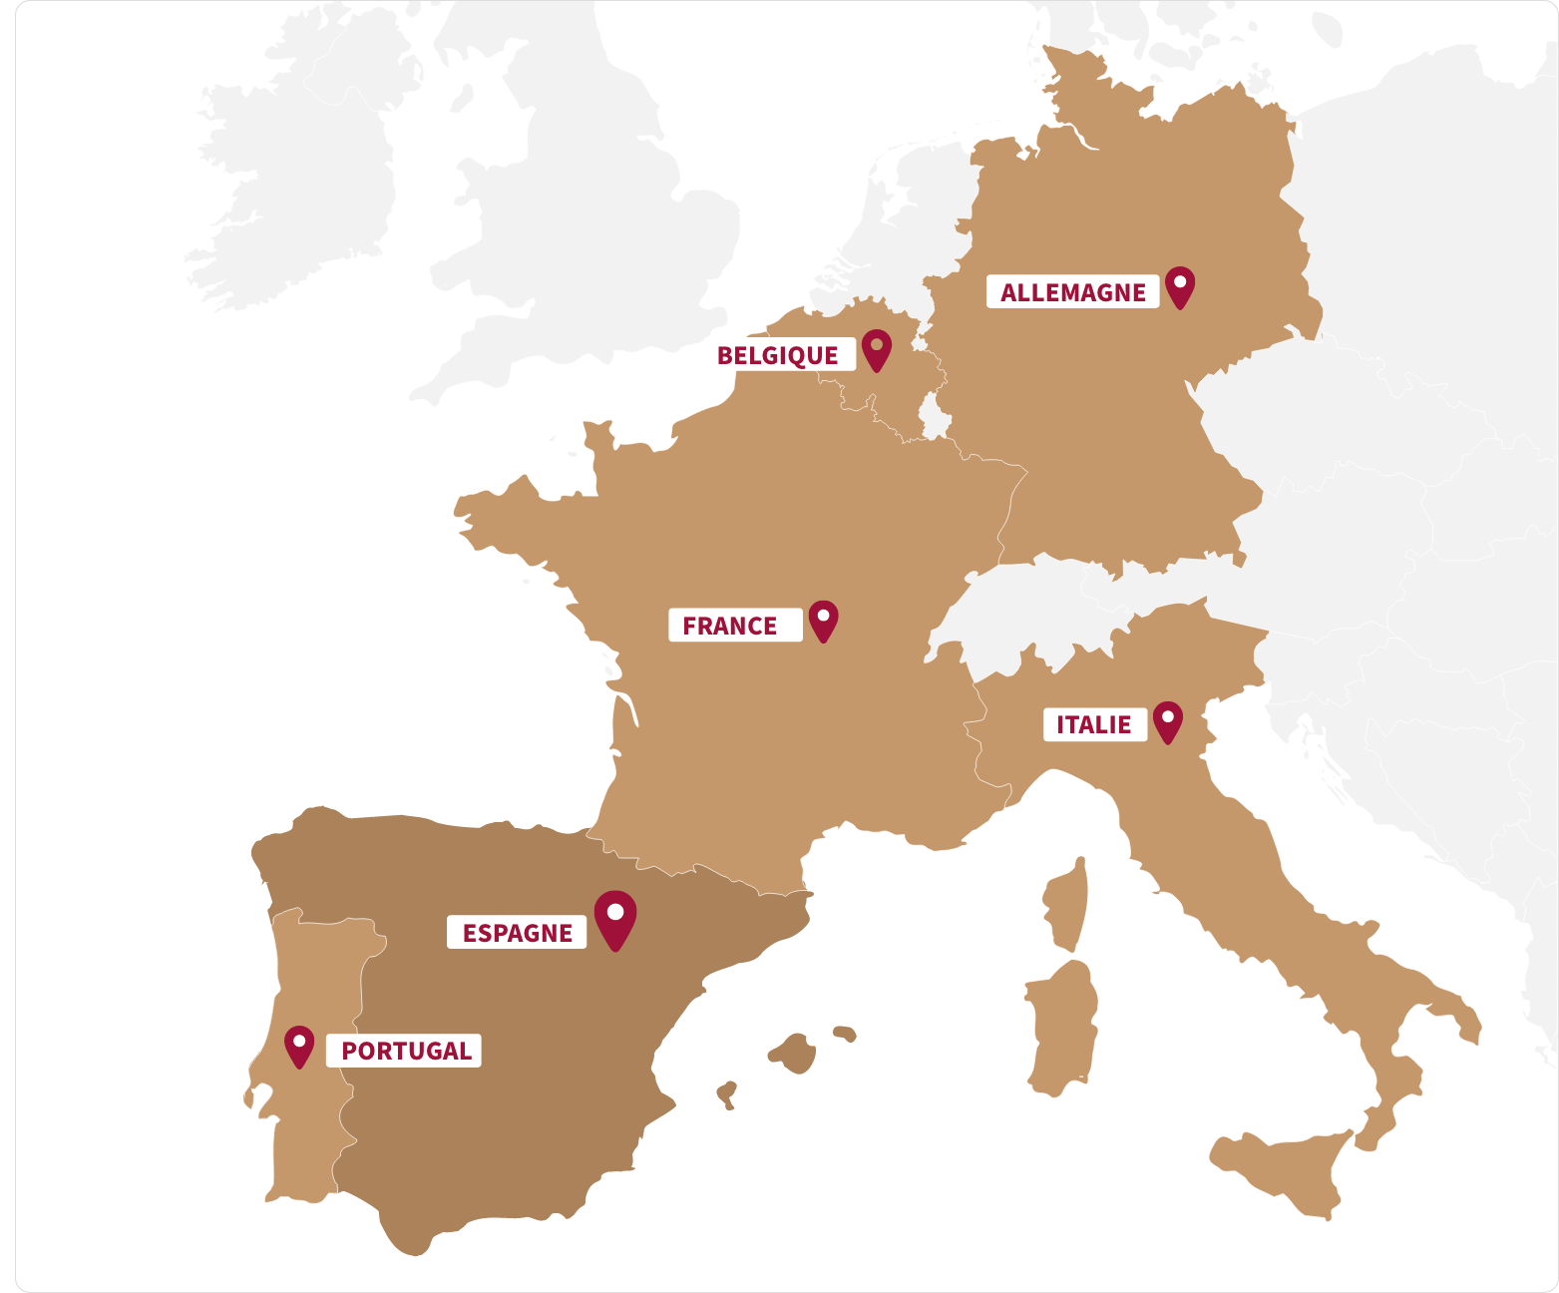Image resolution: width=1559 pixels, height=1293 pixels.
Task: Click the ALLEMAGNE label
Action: coord(1073,292)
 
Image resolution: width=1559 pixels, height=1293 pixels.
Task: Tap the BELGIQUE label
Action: coord(778,355)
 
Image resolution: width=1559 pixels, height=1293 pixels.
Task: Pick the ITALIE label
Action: coord(1094,724)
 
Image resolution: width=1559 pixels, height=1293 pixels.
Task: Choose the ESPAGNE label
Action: coord(517,933)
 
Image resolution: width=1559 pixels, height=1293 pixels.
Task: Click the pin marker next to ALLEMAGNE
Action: coord(1180,286)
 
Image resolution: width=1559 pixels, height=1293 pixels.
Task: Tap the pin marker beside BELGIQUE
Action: coord(877,348)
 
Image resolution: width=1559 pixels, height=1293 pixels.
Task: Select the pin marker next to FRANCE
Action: coord(823,620)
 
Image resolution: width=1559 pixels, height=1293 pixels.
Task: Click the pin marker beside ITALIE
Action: coord(1167,720)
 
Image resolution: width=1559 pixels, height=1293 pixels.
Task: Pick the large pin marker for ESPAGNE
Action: coord(615,917)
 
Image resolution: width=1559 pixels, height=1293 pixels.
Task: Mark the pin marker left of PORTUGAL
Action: coord(299,1046)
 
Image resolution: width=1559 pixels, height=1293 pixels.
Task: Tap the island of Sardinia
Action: coord(1062,1028)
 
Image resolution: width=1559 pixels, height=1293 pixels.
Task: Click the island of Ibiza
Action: coord(727,1093)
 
